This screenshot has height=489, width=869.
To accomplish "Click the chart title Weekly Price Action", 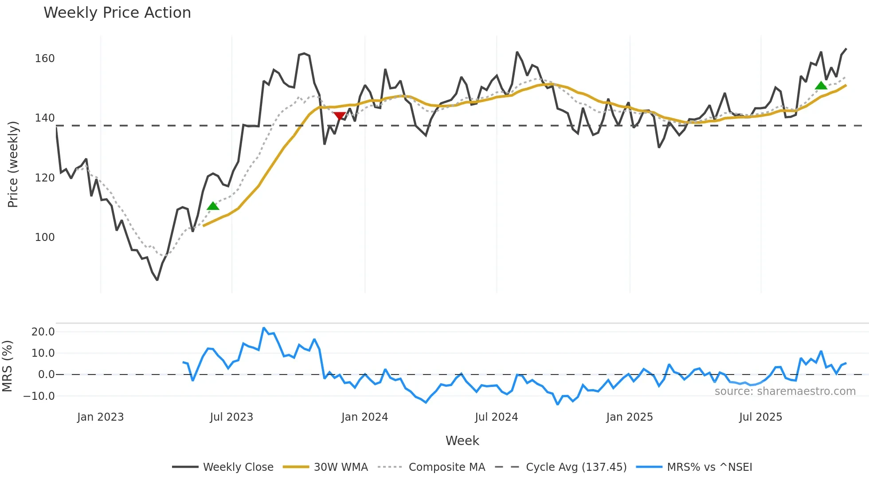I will point(117,13).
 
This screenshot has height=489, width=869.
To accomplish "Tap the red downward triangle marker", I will point(340,116).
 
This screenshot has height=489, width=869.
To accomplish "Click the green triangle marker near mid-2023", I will point(213,206).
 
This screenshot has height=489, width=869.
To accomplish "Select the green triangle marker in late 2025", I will point(821,86).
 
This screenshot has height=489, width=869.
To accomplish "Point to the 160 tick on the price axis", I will point(45,59).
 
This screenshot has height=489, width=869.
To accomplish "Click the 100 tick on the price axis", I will point(45,237).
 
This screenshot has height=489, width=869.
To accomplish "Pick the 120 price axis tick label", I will point(45,178).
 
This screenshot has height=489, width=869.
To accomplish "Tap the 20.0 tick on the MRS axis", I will point(43,332).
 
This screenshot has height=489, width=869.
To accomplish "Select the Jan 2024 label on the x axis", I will point(364,417).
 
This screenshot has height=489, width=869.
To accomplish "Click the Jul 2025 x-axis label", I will point(760,417).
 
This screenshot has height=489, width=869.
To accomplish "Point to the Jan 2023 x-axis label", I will point(100,417).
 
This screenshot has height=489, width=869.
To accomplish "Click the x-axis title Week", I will point(462,441).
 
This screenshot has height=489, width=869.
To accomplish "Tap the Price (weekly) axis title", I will point(13,164).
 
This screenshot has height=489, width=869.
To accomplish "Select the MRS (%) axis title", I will point(7,366).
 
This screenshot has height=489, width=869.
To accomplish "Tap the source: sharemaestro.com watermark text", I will point(785,391).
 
